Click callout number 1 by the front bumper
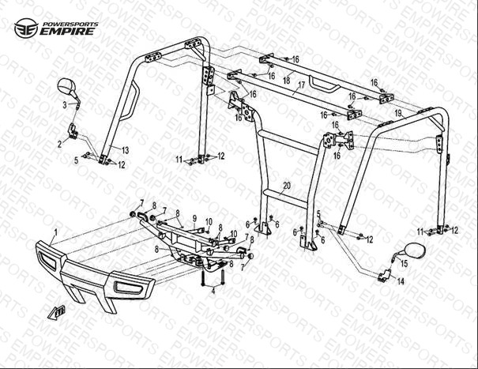(x=55, y=233)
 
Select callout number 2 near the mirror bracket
(x=58, y=144)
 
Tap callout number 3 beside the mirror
(x=65, y=105)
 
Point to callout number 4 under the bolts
(x=212, y=292)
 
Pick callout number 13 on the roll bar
(x=124, y=149)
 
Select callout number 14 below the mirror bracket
(x=400, y=281)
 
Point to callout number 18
(x=287, y=81)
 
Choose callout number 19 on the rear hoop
(x=398, y=115)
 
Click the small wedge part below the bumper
(x=55, y=311)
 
